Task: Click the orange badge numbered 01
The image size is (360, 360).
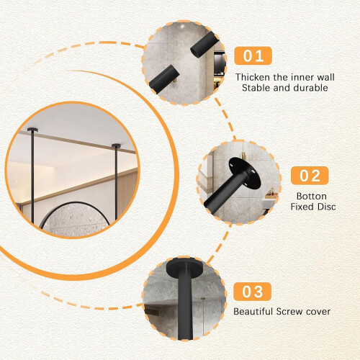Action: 253,55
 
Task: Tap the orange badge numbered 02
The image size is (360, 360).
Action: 310,176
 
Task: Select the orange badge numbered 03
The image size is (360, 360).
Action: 252,292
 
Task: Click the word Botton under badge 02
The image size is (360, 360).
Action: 312,196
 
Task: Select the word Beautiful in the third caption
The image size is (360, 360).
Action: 253,312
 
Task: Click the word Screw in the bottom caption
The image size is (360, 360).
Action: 289,312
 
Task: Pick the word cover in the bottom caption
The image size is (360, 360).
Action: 318,312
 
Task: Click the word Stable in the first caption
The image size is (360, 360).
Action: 256,88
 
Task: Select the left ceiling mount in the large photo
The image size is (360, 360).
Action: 32,130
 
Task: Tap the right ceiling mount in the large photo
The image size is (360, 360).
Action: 117,145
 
